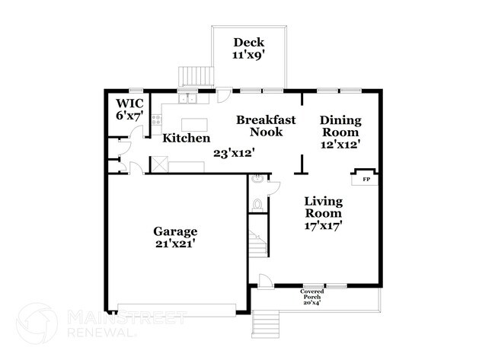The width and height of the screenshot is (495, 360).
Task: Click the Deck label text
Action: (248, 43)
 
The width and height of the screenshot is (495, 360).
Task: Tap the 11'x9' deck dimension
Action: (248, 56)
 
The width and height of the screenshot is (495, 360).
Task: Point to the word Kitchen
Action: (187, 139)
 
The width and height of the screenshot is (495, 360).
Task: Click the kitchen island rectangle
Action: (195, 124)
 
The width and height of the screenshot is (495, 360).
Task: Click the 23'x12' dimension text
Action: (233, 152)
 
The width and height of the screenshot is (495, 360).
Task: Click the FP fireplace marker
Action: (366, 180)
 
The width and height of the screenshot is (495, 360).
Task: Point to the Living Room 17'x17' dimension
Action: (323, 225)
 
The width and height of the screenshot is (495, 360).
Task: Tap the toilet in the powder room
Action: (257, 204)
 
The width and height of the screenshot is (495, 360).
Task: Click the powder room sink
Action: (259, 180)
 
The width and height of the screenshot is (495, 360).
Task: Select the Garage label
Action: (175, 231)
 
